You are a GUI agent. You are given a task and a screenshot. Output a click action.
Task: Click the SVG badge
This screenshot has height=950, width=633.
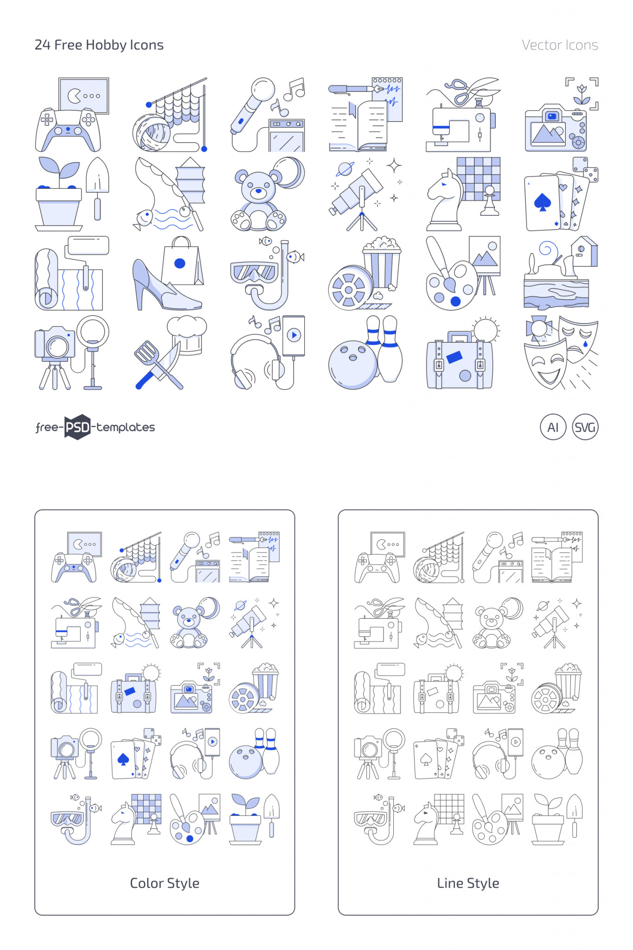(x=585, y=427)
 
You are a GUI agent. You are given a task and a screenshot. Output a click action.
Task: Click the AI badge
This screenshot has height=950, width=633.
(x=553, y=427)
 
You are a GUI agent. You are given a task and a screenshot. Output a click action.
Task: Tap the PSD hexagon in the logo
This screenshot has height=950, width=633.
(x=77, y=427)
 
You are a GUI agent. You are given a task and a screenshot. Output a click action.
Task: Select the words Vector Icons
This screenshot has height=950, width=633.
(x=559, y=45)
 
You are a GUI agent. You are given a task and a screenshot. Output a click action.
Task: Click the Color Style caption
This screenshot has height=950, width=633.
(x=165, y=883)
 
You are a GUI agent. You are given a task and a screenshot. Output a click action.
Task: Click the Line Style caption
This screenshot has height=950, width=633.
(x=468, y=883)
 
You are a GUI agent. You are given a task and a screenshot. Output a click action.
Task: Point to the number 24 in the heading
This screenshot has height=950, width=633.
(x=42, y=45)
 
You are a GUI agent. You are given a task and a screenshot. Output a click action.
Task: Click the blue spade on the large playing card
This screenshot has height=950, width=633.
(x=542, y=202)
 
